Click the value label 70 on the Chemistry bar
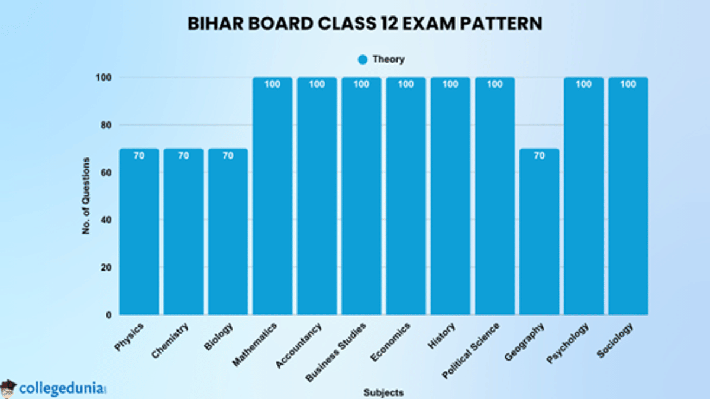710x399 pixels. pos(183,156)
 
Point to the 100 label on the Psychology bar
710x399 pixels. pos(583,85)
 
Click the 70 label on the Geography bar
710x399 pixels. pos(539,156)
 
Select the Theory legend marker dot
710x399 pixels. pos(363,59)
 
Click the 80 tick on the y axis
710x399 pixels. pos(106,125)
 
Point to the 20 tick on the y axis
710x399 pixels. pos(106,268)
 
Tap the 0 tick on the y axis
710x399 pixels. pos(109,315)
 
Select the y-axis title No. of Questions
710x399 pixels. pos(86,196)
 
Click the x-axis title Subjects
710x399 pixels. pos(383,392)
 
